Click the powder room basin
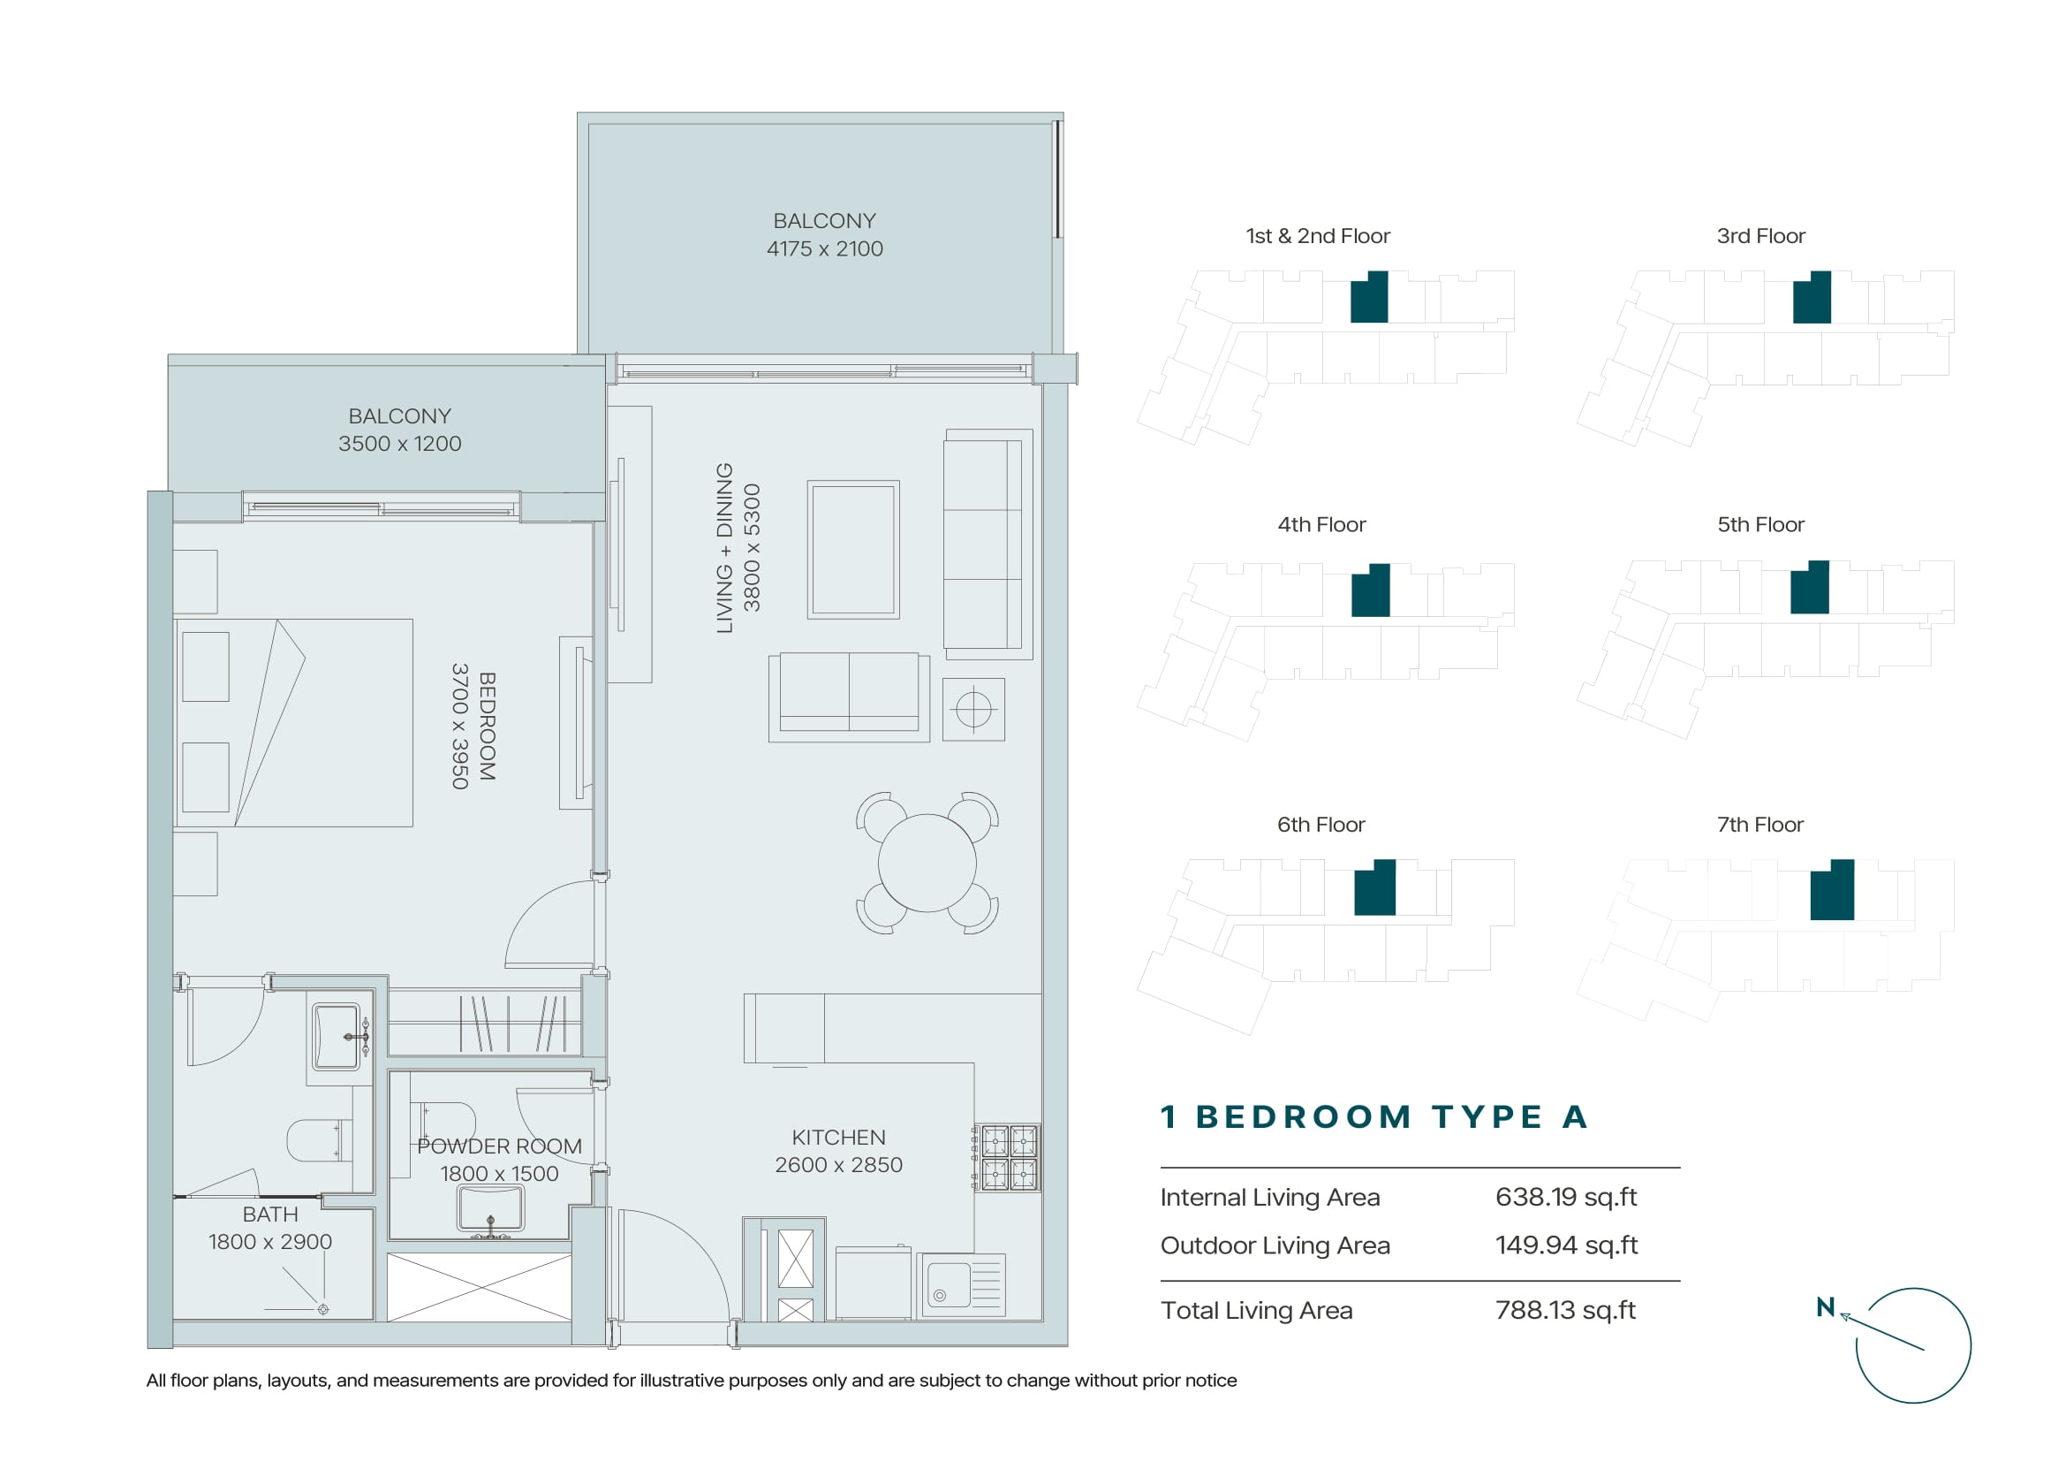pyautogui.click(x=490, y=1208)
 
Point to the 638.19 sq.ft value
pyautogui.click(x=1566, y=1197)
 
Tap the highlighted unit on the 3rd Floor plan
pyautogui.click(x=1812, y=298)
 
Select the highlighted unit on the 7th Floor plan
pyautogui.click(x=1832, y=889)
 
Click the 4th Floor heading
pyautogui.click(x=1322, y=525)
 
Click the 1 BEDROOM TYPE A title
pyautogui.click(x=1374, y=1117)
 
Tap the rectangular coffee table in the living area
pyautogui.click(x=853, y=549)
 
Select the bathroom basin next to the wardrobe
pyautogui.click(x=337, y=1036)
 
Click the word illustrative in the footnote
pyautogui.click(x=683, y=1380)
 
